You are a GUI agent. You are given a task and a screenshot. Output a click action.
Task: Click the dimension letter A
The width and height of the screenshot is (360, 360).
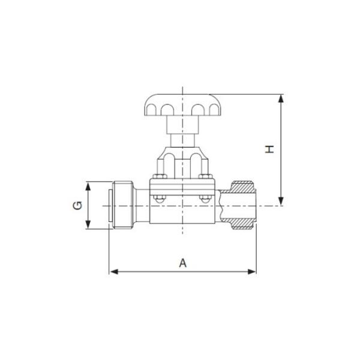(x=183, y=262)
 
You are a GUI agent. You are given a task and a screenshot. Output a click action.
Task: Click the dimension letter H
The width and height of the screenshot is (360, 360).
(x=270, y=148)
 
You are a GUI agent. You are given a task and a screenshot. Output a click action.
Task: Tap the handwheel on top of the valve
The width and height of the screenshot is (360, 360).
(x=182, y=105)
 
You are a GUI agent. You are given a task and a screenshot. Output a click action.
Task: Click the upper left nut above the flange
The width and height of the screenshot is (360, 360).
(x=160, y=176)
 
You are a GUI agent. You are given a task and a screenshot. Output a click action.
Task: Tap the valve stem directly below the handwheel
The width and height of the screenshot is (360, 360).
(x=182, y=131)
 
